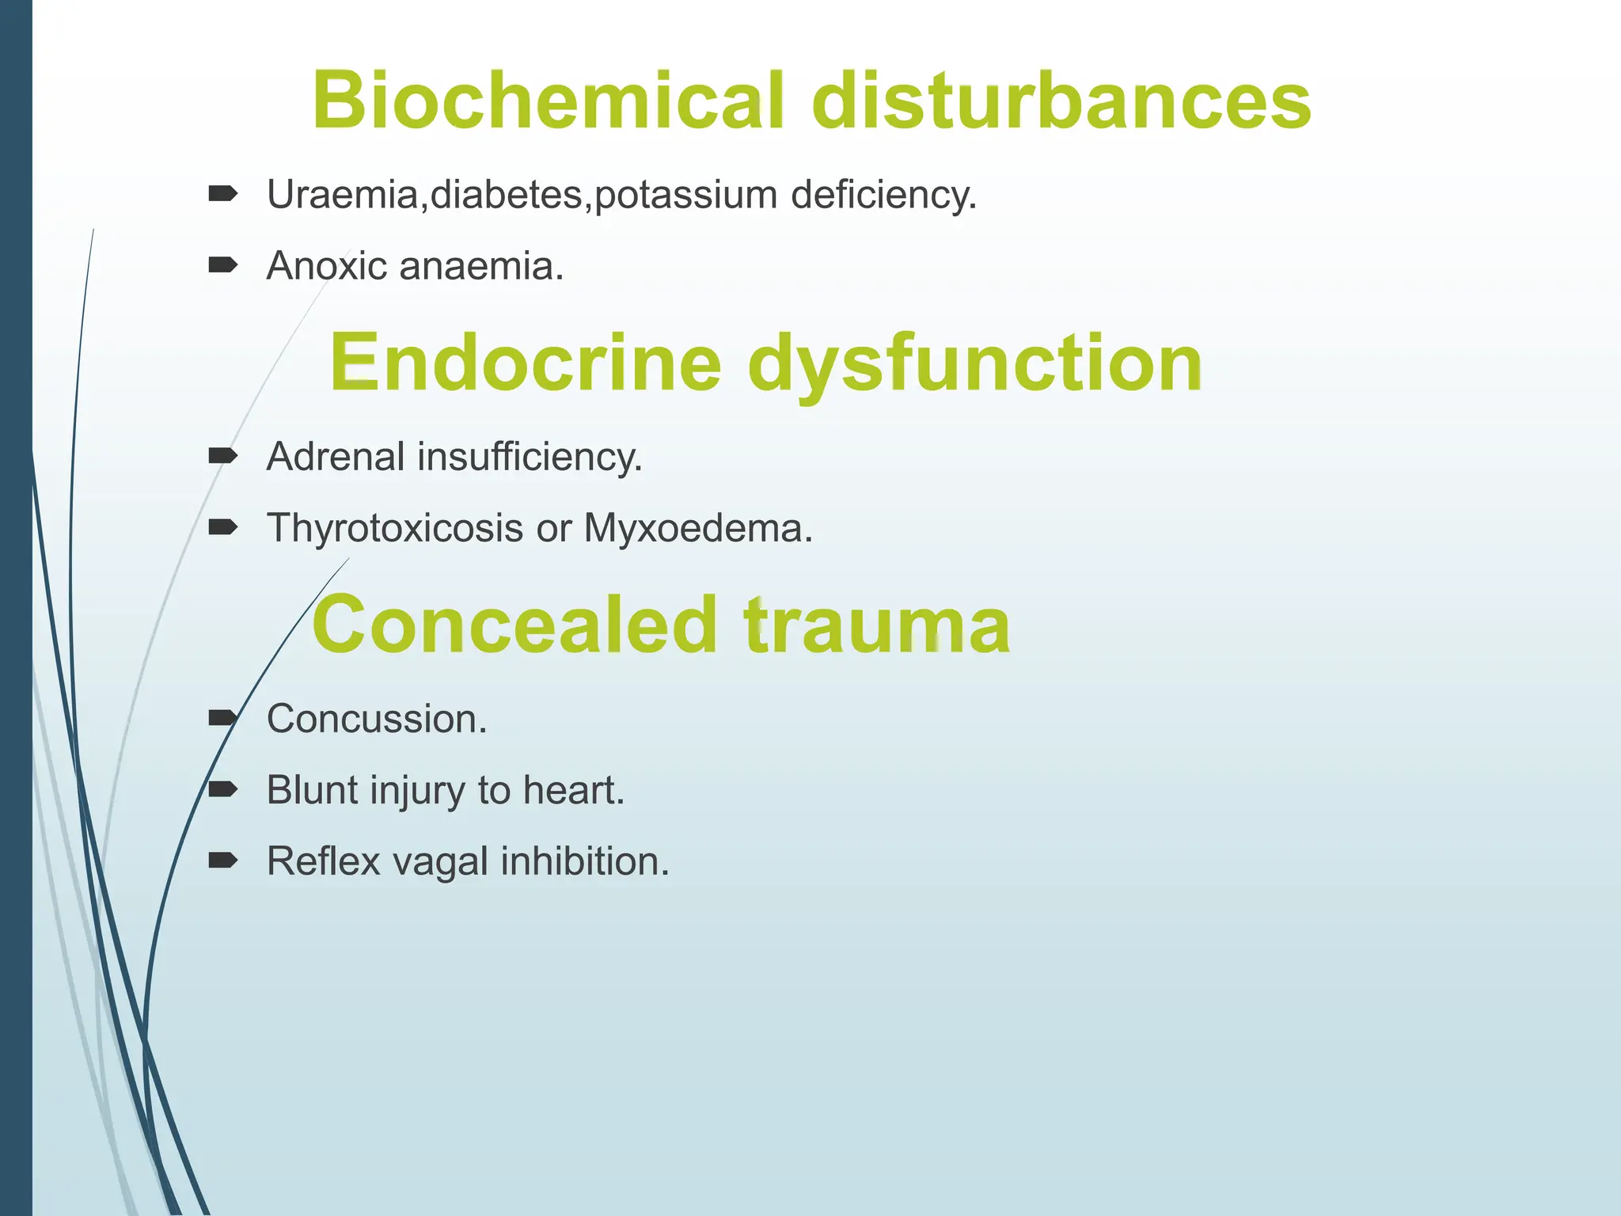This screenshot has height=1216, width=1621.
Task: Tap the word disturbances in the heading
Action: click(1061, 101)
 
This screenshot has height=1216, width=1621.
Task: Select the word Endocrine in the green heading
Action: click(525, 363)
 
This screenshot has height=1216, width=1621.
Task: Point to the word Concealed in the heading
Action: click(514, 625)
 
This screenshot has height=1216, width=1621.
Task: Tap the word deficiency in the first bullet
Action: click(883, 195)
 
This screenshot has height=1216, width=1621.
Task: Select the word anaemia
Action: click(481, 266)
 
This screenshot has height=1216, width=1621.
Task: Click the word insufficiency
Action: click(530, 457)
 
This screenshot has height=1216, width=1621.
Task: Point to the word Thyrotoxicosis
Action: click(394, 528)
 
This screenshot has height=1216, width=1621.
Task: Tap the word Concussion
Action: click(376, 719)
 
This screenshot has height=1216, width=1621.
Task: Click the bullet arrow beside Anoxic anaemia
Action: click(222, 264)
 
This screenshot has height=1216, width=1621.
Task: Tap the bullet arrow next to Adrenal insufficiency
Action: click(222, 455)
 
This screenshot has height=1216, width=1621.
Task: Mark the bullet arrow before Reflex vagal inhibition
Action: click(222, 861)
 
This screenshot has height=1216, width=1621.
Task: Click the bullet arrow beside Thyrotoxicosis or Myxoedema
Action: click(222, 526)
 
